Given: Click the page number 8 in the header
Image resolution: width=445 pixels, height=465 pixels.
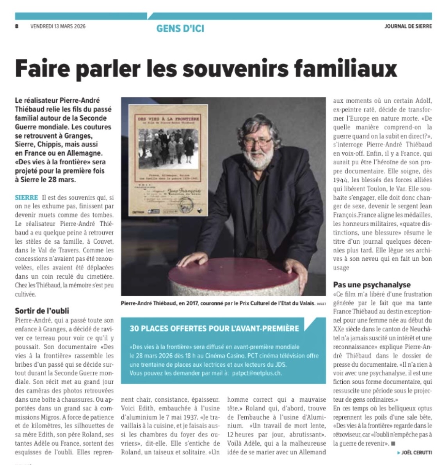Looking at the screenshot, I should (x=17, y=27).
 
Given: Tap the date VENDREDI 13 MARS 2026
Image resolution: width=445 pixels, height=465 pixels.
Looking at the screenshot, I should (x=58, y=27).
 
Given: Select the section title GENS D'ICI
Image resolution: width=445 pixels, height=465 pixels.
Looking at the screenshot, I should (x=180, y=28).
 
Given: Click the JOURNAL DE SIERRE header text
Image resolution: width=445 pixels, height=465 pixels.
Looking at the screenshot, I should (x=408, y=27).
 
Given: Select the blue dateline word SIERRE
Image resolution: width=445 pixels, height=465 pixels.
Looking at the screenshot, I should (x=27, y=198).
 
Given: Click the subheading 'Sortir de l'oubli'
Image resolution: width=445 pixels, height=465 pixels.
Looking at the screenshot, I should (x=42, y=311).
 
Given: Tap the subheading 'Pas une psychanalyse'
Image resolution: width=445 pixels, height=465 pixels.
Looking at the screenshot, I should (x=372, y=285).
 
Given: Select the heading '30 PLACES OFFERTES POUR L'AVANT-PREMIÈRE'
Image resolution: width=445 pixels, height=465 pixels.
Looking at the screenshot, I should (x=214, y=328).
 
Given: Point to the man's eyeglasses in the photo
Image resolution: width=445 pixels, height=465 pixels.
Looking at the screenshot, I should (x=258, y=140).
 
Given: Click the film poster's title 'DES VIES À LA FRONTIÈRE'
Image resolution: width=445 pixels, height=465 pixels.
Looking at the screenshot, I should (x=168, y=118).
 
